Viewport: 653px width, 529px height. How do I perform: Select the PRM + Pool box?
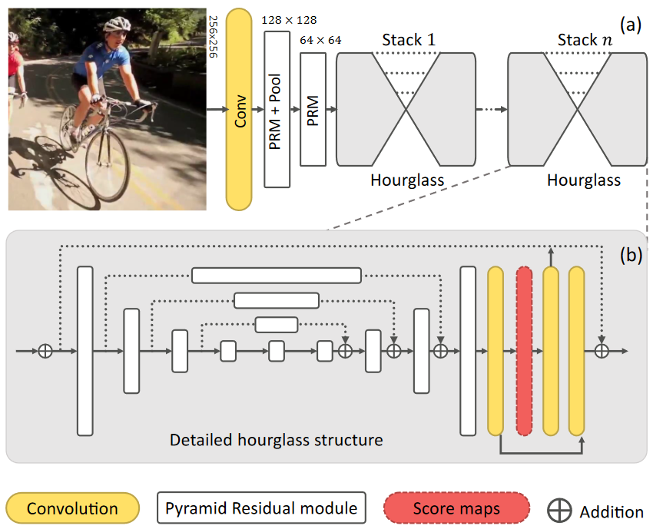click(277, 110)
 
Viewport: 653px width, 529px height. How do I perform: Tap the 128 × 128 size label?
click(289, 19)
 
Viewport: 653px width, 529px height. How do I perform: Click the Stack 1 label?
click(408, 40)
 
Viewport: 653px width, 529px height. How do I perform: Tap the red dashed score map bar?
click(525, 351)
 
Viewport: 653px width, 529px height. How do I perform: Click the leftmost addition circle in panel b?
click(45, 351)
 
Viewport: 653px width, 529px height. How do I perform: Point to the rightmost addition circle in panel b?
click(602, 351)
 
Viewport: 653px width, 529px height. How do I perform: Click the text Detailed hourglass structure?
click(276, 440)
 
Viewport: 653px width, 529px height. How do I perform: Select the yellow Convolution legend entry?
click(72, 508)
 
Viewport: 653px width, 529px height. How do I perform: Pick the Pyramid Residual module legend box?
click(261, 508)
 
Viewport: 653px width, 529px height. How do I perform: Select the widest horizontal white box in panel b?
click(277, 275)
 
